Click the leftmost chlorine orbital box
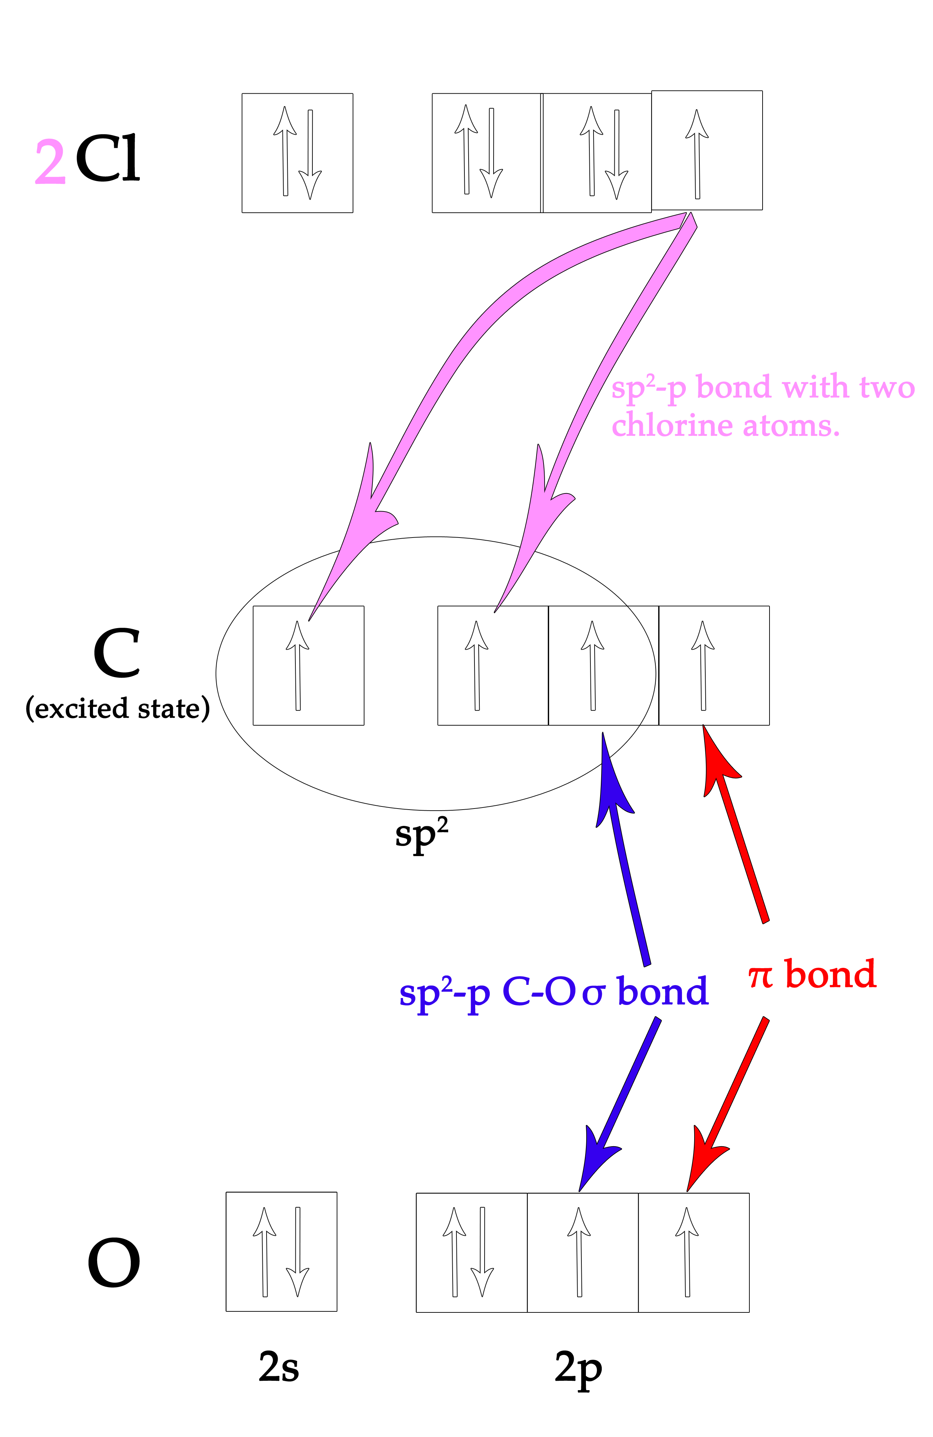click(x=297, y=153)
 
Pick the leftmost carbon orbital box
click(x=308, y=665)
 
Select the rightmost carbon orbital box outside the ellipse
click(x=713, y=665)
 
